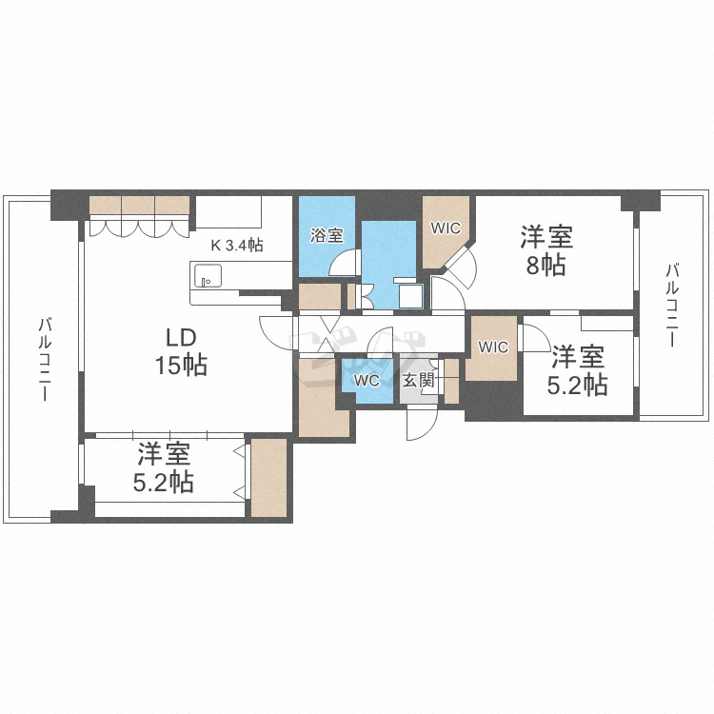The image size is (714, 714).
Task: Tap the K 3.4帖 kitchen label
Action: pyautogui.click(x=237, y=245)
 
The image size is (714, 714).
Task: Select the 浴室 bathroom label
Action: pyautogui.click(x=327, y=235)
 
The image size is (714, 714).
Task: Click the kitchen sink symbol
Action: pyautogui.click(x=207, y=277)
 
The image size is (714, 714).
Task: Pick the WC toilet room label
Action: pyautogui.click(x=367, y=380)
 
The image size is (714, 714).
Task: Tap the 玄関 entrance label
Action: pyautogui.click(x=418, y=380)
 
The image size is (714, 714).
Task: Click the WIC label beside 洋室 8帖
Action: pyautogui.click(x=446, y=228)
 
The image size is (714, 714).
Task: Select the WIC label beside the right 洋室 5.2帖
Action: pyautogui.click(x=493, y=347)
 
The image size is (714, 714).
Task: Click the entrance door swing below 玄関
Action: pyautogui.click(x=420, y=425)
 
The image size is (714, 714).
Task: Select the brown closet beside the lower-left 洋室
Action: pyautogui.click(x=268, y=478)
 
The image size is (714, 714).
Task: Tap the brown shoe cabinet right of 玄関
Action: pyautogui.click(x=452, y=381)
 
